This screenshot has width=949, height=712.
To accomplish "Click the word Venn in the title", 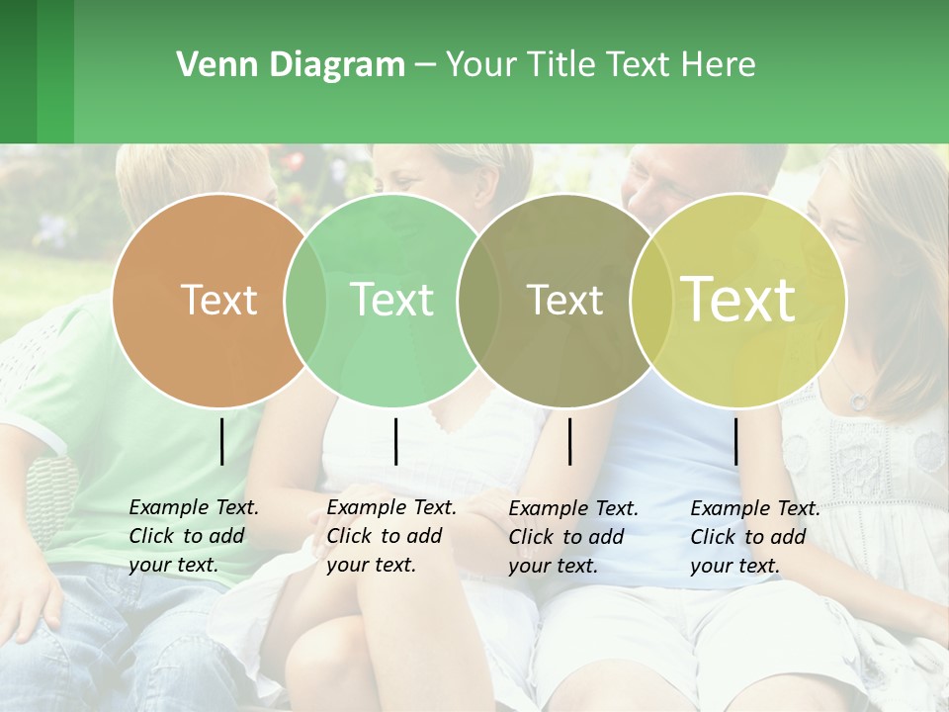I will (208, 65).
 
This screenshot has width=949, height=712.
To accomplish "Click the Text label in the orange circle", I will (218, 300).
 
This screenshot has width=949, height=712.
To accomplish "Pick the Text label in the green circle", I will (391, 300).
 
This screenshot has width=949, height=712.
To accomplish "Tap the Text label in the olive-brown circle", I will (564, 300).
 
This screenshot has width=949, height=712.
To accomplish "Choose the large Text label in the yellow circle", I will (738, 300).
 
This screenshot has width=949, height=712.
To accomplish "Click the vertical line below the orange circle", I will (221, 441).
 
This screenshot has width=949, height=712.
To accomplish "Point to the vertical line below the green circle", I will (395, 441).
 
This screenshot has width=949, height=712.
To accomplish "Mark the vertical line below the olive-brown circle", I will (569, 441).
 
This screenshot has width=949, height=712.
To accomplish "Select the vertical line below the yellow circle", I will (735, 441).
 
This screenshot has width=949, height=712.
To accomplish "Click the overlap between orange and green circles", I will (305, 300).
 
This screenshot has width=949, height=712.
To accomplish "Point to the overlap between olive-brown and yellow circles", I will (651, 300).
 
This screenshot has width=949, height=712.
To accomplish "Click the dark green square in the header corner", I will (19, 71).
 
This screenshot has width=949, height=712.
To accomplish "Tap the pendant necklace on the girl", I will (859, 400).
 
